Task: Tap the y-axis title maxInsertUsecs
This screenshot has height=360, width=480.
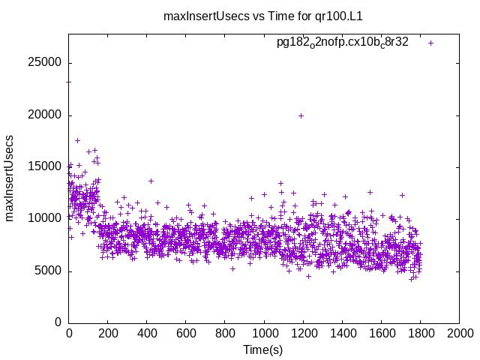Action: point(10,178)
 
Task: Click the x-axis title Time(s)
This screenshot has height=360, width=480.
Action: point(263,349)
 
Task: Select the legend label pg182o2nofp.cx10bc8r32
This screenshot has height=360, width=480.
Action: point(343,42)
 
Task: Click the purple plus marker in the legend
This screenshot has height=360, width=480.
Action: point(430,43)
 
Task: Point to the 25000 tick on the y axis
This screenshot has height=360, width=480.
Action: point(44,63)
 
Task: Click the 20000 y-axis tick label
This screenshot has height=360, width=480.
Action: point(44,115)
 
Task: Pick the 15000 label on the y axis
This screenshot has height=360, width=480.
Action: point(44,166)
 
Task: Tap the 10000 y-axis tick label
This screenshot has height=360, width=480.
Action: point(44,218)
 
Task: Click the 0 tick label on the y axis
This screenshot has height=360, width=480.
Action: point(58,322)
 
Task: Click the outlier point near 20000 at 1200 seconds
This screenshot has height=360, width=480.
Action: point(301,115)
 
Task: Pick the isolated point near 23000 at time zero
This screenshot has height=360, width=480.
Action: point(69,81)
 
